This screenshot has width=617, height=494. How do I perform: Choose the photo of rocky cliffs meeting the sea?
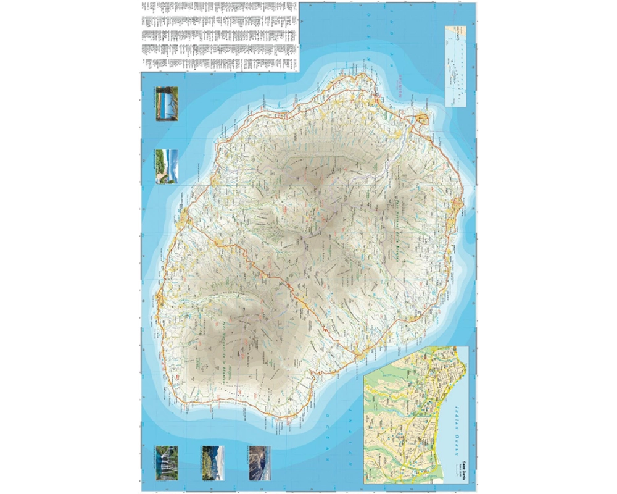click(260, 463)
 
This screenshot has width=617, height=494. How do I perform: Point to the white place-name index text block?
click(219, 34)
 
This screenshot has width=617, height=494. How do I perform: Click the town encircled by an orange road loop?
click(423, 119)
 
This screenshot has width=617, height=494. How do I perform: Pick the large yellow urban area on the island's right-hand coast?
click(457, 207)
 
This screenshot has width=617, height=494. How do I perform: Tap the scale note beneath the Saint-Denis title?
click(470, 467)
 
